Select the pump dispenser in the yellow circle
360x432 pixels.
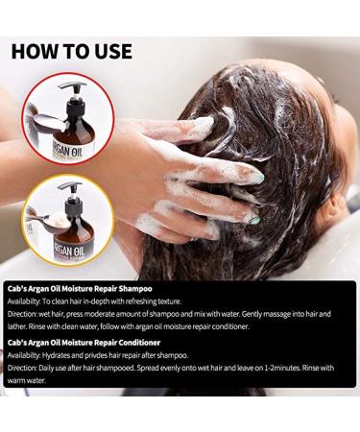(67, 188)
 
